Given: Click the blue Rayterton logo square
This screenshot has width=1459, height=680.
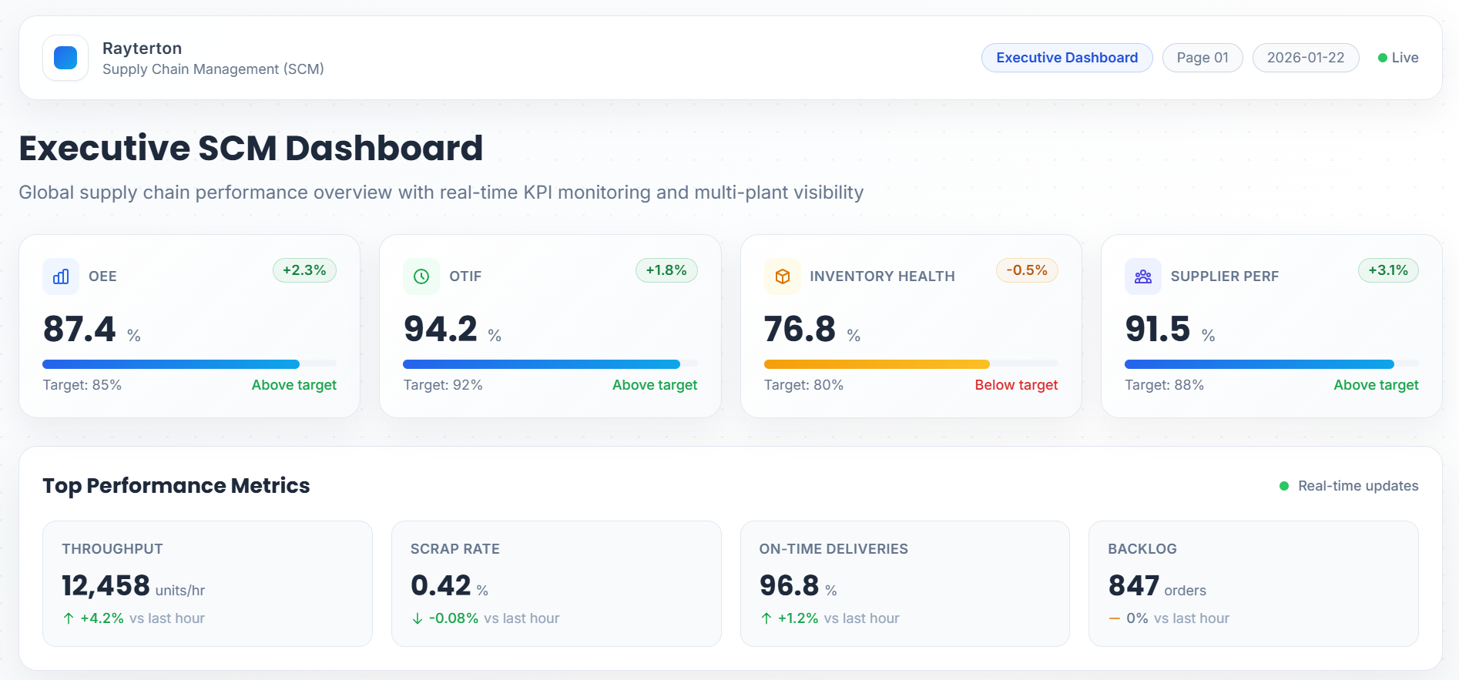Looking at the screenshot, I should [x=65, y=58].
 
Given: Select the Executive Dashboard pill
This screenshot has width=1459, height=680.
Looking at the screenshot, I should [x=1066, y=58].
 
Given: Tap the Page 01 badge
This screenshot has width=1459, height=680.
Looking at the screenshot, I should [x=1202, y=58].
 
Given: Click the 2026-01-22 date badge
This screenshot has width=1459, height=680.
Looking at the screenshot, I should [x=1305, y=58].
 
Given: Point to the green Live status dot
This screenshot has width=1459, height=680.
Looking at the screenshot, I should [x=1383, y=58].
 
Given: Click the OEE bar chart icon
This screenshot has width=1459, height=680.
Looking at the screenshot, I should [x=61, y=276].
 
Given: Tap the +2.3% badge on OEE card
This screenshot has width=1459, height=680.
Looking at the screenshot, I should [x=304, y=270].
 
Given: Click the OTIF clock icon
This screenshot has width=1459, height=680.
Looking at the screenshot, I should [x=421, y=276].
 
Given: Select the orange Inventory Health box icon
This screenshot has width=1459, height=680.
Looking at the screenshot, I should [x=783, y=276].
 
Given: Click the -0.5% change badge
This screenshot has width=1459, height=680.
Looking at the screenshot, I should [x=1027, y=270].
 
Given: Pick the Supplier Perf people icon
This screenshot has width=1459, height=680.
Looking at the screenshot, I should [x=1143, y=276].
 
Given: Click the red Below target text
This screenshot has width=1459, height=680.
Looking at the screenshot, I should [x=1016, y=385].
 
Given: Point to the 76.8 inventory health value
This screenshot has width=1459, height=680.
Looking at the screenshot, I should [x=800, y=329].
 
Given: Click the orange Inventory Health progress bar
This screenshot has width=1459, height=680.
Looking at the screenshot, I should [x=877, y=364].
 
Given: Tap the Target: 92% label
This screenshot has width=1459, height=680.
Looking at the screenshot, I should [x=443, y=385].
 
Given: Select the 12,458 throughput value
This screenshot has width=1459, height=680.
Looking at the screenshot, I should [x=106, y=586].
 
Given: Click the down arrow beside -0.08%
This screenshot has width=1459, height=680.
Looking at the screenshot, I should [x=418, y=618].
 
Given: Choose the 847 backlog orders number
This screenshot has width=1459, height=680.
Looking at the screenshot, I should [x=1133, y=586].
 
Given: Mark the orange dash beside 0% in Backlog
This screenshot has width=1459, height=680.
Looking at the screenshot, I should [x=1115, y=618].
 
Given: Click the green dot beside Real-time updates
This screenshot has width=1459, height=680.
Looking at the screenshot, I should [x=1284, y=486].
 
